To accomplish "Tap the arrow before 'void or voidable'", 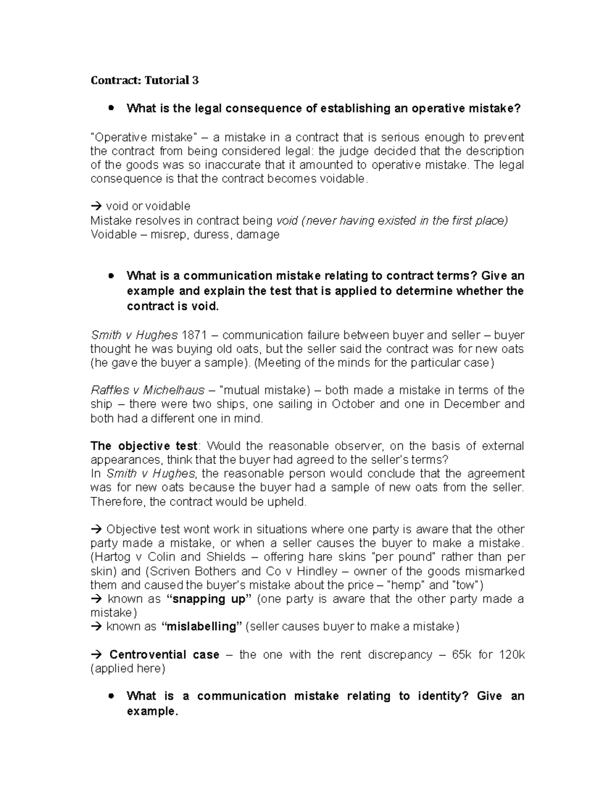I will coord(96,206).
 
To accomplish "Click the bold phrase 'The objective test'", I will coord(144,445).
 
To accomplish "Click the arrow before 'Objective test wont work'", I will coord(96,529).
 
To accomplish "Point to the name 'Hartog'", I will coord(111,557).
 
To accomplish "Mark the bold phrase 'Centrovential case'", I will coord(164,655).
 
